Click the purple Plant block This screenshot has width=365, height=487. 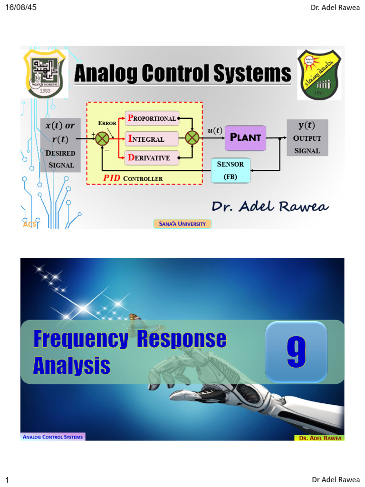(245, 137)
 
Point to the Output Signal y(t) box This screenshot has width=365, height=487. (307, 138)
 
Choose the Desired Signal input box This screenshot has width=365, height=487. (60, 145)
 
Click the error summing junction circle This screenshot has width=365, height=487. (102, 138)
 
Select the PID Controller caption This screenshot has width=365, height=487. (133, 178)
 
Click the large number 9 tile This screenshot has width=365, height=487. (296, 352)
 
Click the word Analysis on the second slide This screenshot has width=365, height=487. (72, 365)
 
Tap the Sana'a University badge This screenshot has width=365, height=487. (182, 224)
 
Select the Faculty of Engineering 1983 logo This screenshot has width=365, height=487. (45, 74)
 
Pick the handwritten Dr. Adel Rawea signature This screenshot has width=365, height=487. (270, 206)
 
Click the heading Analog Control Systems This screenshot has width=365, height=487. (182, 74)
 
